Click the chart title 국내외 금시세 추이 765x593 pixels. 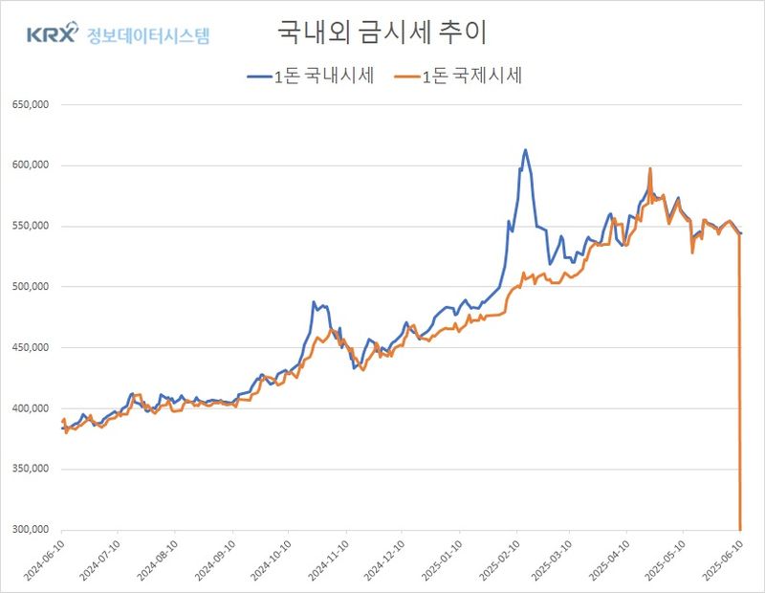382,33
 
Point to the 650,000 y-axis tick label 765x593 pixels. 29,105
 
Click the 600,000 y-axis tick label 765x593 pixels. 29,165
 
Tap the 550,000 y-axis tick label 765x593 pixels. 29,227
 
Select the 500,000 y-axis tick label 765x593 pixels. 29,287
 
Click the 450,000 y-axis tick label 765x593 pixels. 29,348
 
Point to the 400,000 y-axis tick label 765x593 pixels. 29,408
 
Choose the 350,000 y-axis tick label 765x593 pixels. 29,470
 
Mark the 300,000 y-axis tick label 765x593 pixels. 29,530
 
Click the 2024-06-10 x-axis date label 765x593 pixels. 43,560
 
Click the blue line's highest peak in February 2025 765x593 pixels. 525,149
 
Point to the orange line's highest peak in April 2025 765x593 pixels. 650,169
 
